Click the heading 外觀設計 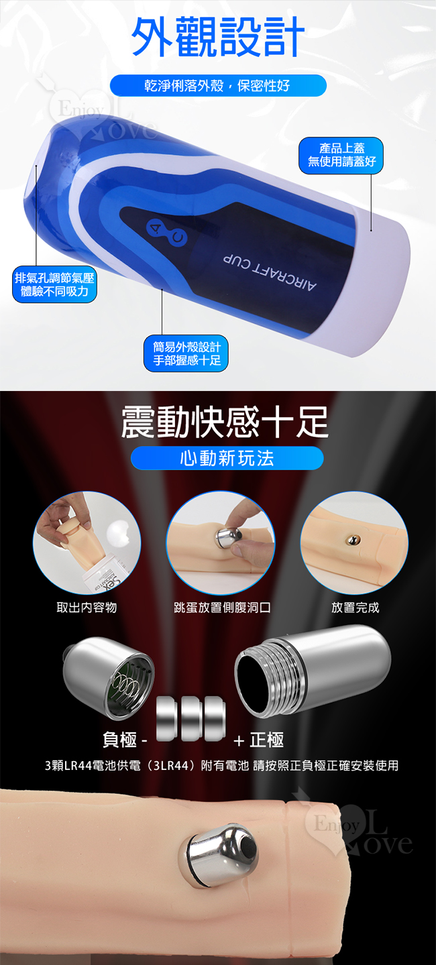click(218, 37)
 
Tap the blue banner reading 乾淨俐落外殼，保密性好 click(218, 85)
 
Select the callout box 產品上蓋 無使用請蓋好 click(341, 155)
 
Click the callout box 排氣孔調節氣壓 click(54, 284)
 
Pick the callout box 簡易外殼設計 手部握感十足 click(186, 353)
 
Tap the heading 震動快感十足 click(224, 422)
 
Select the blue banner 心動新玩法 click(227, 458)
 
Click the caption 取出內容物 click(87, 608)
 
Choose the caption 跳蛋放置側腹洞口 click(222, 608)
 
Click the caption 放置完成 click(355, 608)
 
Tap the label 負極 click(120, 740)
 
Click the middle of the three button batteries click(190, 718)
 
